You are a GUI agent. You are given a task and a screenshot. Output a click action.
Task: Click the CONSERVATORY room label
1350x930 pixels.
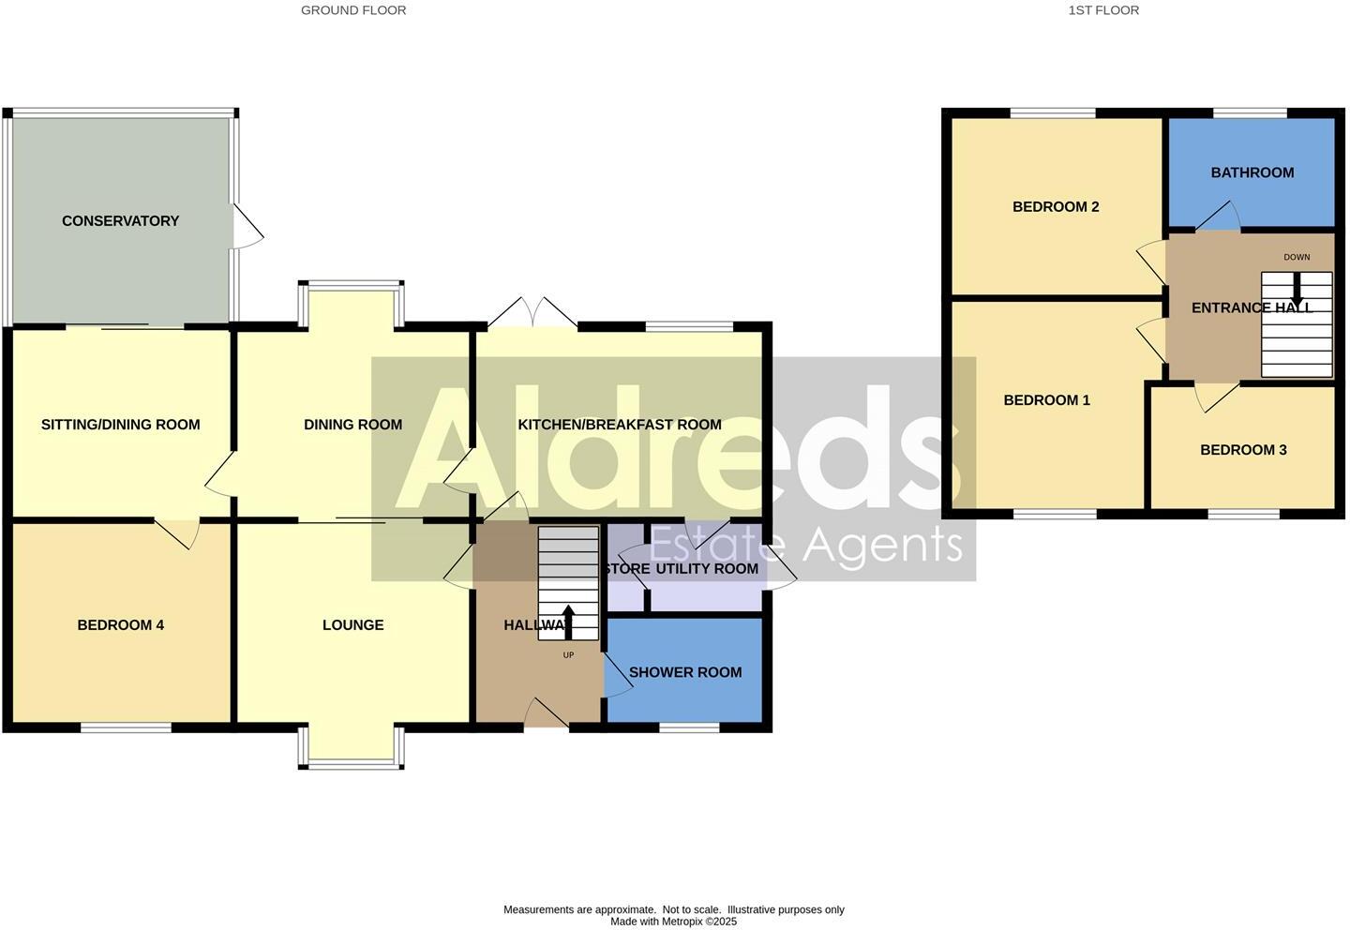point(120,221)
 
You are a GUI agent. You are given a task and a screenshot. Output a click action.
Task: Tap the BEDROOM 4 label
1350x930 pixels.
point(120,625)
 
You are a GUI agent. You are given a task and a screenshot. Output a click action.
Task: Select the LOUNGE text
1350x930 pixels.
point(352,625)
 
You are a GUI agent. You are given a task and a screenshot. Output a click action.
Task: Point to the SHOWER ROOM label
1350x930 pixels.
point(685,672)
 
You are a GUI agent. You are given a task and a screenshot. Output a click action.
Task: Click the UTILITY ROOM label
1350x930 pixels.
point(707,569)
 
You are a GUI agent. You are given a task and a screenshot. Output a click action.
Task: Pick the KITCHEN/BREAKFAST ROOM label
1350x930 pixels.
point(620,425)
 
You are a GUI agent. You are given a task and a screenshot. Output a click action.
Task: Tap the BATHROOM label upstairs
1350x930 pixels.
point(1252,172)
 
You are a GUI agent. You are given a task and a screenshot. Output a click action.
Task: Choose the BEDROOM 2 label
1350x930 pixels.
point(1056,207)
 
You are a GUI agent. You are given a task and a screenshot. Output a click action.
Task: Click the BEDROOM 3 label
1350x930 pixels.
point(1243,450)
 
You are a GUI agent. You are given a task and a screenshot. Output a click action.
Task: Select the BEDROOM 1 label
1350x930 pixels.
point(1046,400)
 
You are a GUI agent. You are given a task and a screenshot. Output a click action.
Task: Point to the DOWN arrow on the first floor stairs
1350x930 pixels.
point(1297,287)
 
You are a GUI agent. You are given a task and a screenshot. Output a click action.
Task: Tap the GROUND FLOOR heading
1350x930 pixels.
point(353,10)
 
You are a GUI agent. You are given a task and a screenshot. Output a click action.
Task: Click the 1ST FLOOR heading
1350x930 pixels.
point(1103,10)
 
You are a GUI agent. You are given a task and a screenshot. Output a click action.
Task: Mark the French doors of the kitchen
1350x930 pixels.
point(532,313)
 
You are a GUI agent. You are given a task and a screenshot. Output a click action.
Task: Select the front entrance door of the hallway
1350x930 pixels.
point(547,714)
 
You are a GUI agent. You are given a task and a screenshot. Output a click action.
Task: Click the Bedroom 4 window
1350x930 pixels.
point(126,727)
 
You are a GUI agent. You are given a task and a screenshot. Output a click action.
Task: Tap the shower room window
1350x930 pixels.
point(689,727)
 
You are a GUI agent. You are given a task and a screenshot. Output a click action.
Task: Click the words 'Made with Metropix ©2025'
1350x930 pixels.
point(673,922)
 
